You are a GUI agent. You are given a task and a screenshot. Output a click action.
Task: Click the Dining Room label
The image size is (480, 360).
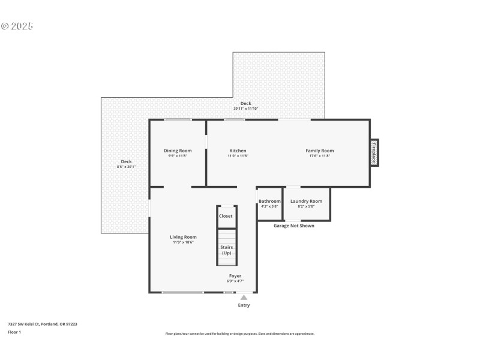(178, 151)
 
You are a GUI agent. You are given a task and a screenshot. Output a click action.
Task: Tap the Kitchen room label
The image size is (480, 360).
(238, 151)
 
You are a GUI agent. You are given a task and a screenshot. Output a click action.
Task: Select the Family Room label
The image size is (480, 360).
(319, 151)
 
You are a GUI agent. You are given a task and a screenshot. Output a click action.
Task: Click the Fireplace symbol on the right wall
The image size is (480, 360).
(373, 152)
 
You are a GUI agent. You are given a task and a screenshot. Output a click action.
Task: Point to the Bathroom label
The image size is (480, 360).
(269, 201)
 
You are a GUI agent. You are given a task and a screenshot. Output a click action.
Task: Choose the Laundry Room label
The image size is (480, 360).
(306, 201)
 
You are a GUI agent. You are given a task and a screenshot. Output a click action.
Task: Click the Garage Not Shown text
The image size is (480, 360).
(293, 226)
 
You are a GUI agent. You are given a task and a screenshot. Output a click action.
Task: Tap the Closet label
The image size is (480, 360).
(226, 216)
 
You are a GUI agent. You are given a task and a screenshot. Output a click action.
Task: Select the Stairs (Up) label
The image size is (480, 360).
(226, 250)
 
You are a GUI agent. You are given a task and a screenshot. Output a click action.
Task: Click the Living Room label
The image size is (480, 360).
(183, 237)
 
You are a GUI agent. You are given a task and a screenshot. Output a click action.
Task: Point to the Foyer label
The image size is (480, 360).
(235, 276)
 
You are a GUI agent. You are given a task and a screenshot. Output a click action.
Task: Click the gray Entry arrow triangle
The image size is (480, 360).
(244, 297)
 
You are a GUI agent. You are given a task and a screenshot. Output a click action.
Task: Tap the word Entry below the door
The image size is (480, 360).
(244, 305)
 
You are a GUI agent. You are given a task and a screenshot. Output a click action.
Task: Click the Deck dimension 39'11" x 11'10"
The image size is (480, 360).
(245, 109)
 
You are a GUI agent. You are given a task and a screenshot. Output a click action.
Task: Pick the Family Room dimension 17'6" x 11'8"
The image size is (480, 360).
(319, 156)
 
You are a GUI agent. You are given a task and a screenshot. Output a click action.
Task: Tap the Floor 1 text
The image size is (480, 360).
(14, 332)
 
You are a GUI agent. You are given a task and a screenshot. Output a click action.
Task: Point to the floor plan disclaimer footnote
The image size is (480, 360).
(239, 334)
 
